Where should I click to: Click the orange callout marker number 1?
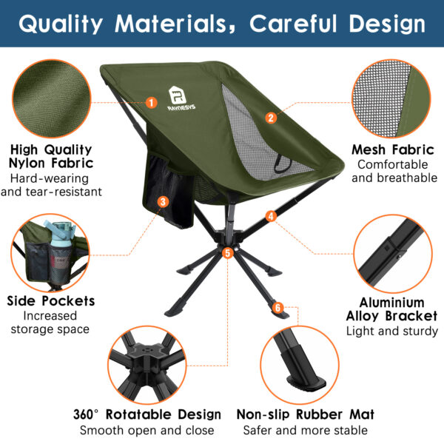pyautogui.click(x=152, y=103)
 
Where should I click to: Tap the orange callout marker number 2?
pyautogui.click(x=272, y=117)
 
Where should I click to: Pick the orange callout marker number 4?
pyautogui.click(x=272, y=216)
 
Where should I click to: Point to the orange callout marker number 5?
pyautogui.click(x=227, y=253)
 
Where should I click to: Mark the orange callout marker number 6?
pyautogui.click(x=277, y=307)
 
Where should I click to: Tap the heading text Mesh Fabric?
pyautogui.click(x=392, y=149)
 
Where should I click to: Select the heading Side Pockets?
pyautogui.click(x=51, y=301)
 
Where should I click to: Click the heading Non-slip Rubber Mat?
pyautogui.click(x=306, y=414)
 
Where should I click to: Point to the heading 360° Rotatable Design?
pyautogui.click(x=147, y=414)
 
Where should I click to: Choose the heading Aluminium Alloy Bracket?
pyautogui.click(x=392, y=309)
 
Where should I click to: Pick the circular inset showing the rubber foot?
pyautogui.click(x=305, y=358)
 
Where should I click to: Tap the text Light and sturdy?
pyautogui.click(x=392, y=331)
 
